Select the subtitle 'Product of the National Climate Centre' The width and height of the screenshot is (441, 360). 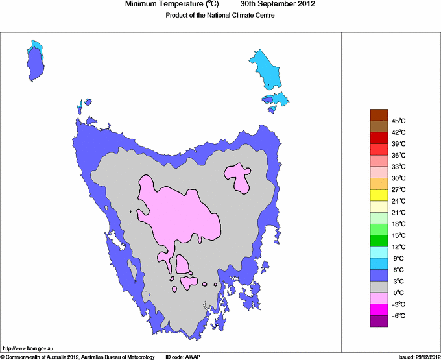click(220, 15)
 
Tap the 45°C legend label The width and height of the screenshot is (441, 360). click(398, 121)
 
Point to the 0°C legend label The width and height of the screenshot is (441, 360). click(398, 293)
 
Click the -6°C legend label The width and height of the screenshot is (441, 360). click(398, 315)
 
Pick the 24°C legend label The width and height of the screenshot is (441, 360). click(398, 201)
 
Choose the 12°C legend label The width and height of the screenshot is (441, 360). click(398, 246)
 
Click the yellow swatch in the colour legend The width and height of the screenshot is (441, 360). click(379, 195)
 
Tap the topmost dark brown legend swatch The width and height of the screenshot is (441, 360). click(379, 115)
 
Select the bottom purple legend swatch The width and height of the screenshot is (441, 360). click(379, 320)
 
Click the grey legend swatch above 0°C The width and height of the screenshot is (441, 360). click(379, 287)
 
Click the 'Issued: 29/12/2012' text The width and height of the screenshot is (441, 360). click(419, 357)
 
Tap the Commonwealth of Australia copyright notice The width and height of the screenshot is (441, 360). click(78, 357)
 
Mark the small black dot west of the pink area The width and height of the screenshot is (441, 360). click(130, 211)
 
